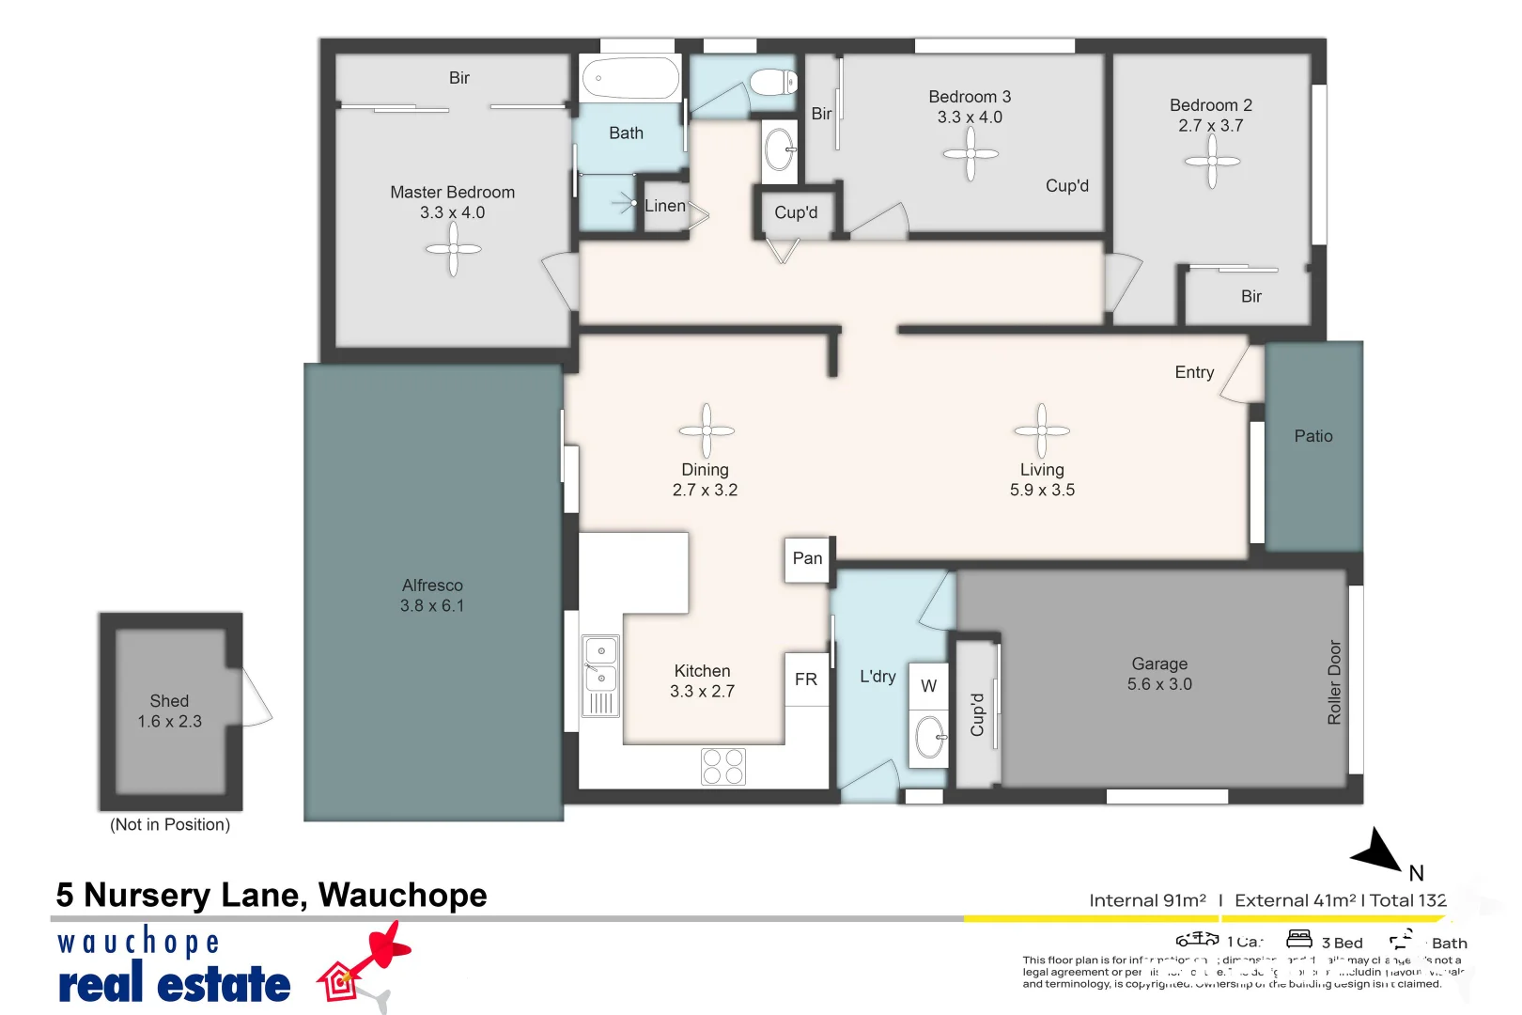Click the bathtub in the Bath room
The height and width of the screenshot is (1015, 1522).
[630, 78]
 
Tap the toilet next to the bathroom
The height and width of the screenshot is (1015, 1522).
[772, 82]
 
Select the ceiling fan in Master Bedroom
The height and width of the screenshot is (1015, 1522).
[453, 249]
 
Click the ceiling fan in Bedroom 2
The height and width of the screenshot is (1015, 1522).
[1212, 162]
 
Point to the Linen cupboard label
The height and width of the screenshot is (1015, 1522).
[665, 206]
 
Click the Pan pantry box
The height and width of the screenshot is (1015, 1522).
[807, 559]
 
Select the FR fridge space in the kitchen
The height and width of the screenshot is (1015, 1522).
[806, 679]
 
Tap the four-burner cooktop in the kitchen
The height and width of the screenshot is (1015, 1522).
[722, 766]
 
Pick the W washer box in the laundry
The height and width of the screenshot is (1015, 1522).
[928, 686]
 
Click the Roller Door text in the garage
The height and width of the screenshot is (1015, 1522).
[1334, 682]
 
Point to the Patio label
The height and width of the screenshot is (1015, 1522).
[1312, 436]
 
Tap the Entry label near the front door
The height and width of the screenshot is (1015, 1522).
[1194, 372]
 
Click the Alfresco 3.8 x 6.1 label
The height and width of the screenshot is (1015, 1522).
[432, 596]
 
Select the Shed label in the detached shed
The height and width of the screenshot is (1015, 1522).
[169, 701]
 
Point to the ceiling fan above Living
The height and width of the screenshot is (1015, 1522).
[1041, 430]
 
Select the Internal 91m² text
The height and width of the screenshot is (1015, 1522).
[1147, 900]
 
